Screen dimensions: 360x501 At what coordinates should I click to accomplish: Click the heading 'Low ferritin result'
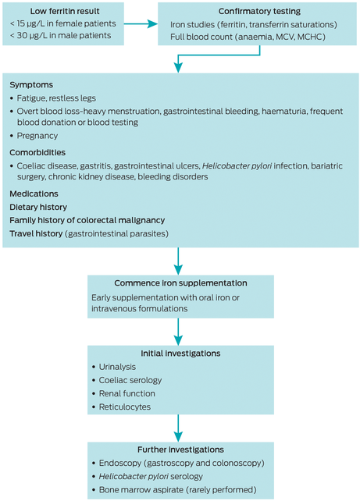(65, 11)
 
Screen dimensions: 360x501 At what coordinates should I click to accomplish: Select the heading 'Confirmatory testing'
(259, 11)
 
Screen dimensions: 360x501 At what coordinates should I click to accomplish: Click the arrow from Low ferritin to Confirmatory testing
(141, 23)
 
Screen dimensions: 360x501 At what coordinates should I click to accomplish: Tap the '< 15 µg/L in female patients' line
(63, 23)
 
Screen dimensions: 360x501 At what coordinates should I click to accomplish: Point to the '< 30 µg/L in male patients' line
(60, 35)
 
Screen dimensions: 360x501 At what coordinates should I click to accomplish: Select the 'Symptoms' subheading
(31, 85)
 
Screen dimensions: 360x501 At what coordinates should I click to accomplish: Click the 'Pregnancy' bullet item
(37, 136)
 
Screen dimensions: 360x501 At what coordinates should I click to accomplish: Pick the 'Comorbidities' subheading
(37, 152)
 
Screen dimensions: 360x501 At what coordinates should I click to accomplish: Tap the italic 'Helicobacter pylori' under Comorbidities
(237, 165)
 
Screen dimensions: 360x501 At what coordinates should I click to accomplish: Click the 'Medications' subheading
(34, 194)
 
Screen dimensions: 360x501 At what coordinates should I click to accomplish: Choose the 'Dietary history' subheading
(38, 207)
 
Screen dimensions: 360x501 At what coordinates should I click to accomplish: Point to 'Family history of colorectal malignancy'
(87, 220)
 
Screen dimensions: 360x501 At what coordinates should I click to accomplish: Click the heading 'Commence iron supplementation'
(180, 283)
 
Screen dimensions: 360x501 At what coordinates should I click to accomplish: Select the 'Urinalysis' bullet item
(117, 367)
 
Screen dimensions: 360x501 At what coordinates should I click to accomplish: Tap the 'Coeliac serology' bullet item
(130, 380)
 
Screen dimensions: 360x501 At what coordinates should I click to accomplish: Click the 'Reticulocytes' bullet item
(125, 407)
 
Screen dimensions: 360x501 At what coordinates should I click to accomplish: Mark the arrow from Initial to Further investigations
(178, 428)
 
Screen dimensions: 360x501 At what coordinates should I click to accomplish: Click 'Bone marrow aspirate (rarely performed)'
(178, 489)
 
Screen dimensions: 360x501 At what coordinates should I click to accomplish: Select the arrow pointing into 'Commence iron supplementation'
(178, 261)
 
